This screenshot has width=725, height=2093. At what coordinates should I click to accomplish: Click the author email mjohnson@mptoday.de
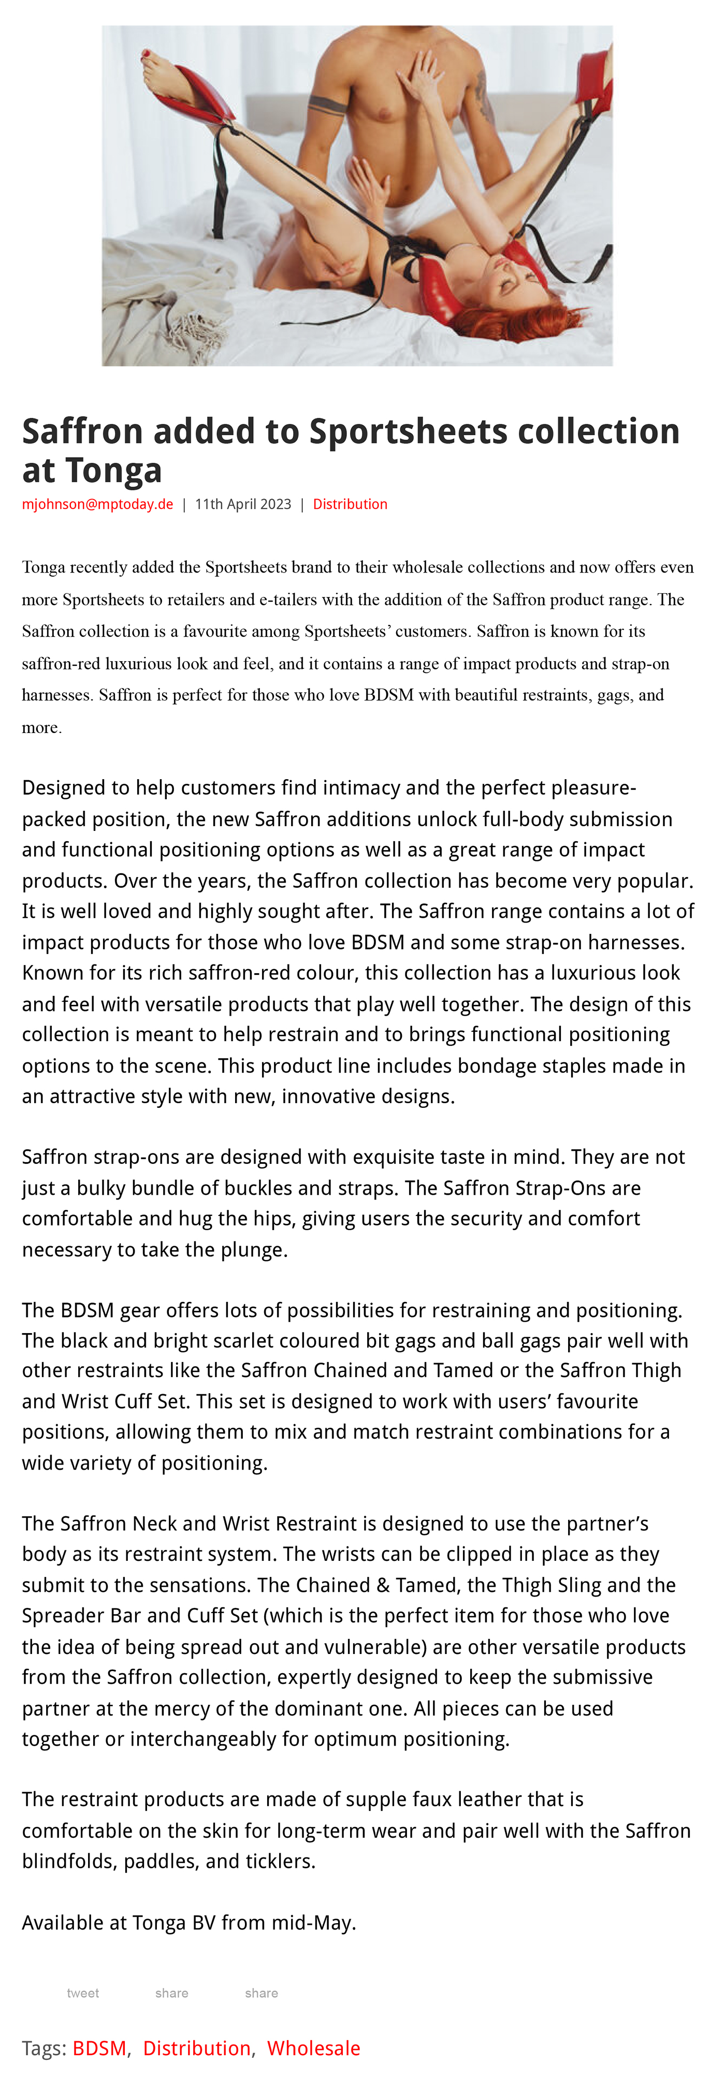coord(97,504)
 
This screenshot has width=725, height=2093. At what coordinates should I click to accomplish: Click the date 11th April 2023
coord(242,504)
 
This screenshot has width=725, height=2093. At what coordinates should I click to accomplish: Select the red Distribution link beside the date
coord(350,504)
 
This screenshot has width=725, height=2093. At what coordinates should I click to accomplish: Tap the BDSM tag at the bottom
coord(99,2048)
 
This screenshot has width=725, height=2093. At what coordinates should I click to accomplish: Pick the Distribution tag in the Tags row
coord(197,2048)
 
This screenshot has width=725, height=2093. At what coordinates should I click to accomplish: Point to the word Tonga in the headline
coord(114,471)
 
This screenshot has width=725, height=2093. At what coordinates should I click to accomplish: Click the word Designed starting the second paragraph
coord(63,788)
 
